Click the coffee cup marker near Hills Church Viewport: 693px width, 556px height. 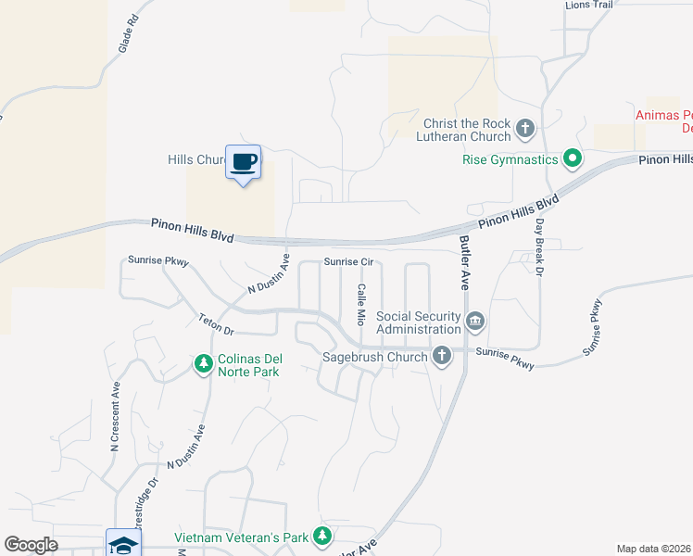pos(243,162)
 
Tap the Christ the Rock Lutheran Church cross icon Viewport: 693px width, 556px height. pos(525,128)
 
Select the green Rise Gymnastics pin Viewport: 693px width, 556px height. pos(573,159)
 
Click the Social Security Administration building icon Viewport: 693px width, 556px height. pos(475,322)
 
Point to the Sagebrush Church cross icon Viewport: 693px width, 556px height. pos(442,355)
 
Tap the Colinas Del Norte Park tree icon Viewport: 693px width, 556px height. pos(203,364)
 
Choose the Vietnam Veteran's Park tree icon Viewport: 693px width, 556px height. pos(321,537)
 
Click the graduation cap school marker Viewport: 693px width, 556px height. pos(123,543)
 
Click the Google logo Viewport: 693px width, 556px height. pos(31,544)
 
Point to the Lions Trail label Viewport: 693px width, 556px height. pos(589,5)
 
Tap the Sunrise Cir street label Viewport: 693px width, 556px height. pos(347,262)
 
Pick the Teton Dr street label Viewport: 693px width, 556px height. pos(216,323)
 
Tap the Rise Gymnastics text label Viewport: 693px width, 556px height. pos(510,159)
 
